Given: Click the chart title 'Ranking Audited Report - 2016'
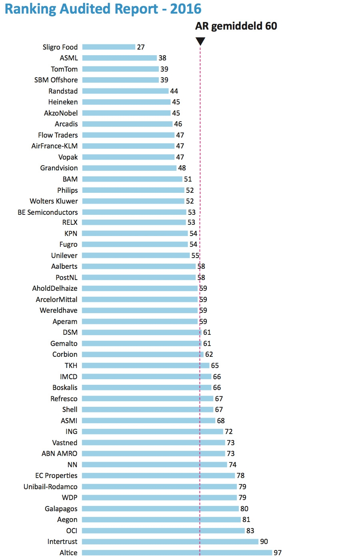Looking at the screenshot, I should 103,9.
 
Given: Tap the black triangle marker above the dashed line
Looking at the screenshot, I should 200,41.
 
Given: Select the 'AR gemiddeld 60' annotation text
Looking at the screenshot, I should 236,26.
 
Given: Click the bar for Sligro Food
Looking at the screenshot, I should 109,47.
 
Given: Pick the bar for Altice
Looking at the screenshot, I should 177,552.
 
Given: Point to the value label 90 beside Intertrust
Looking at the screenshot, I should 264,542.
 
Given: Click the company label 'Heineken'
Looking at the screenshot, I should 63,102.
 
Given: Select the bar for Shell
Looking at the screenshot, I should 148,410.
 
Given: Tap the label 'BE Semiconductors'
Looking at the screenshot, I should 48,212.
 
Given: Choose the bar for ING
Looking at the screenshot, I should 152,432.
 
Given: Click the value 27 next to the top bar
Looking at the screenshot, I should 141,47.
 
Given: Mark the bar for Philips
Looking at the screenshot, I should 133,190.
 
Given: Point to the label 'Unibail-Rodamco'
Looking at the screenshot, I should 50,486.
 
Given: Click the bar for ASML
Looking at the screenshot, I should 120,58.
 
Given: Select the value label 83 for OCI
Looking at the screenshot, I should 250,530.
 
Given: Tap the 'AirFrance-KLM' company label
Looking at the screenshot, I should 54,146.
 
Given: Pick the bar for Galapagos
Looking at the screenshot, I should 160,508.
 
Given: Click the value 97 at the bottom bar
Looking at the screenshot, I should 278,552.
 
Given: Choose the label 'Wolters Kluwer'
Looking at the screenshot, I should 54,201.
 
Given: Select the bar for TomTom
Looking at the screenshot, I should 120,69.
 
